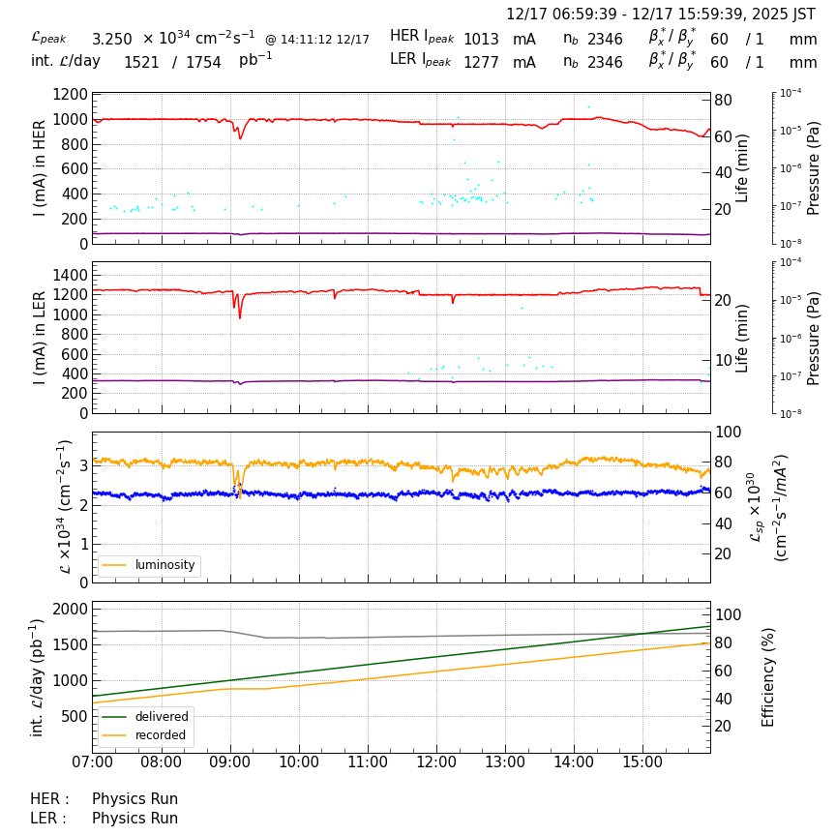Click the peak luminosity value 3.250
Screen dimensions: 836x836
pyautogui.click(x=111, y=40)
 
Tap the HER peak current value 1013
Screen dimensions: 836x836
pyautogui.click(x=481, y=40)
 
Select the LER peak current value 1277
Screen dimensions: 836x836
pyautogui.click(x=481, y=63)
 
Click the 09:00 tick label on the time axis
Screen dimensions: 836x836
pyautogui.click(x=229, y=762)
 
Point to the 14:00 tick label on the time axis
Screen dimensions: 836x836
pyautogui.click(x=574, y=762)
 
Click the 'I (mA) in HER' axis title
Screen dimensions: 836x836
pyautogui.click(x=40, y=167)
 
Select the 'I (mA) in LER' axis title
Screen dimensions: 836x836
pyautogui.click(x=40, y=337)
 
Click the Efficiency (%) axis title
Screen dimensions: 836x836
pyautogui.click(x=769, y=676)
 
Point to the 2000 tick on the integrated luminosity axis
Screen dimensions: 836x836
pyautogui.click(x=71, y=609)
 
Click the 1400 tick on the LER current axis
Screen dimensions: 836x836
pyautogui.click(x=71, y=275)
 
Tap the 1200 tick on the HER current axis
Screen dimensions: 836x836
pyautogui.click(x=71, y=95)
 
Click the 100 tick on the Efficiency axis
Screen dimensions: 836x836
pyautogui.click(x=727, y=614)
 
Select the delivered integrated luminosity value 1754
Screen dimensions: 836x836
pyautogui.click(x=203, y=63)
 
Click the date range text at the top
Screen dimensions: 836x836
pyautogui.click(x=661, y=15)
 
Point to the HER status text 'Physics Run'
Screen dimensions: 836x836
pyautogui.click(x=134, y=799)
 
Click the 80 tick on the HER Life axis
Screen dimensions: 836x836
pyautogui.click(x=722, y=100)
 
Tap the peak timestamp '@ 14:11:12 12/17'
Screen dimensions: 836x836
pyautogui.click(x=317, y=40)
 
